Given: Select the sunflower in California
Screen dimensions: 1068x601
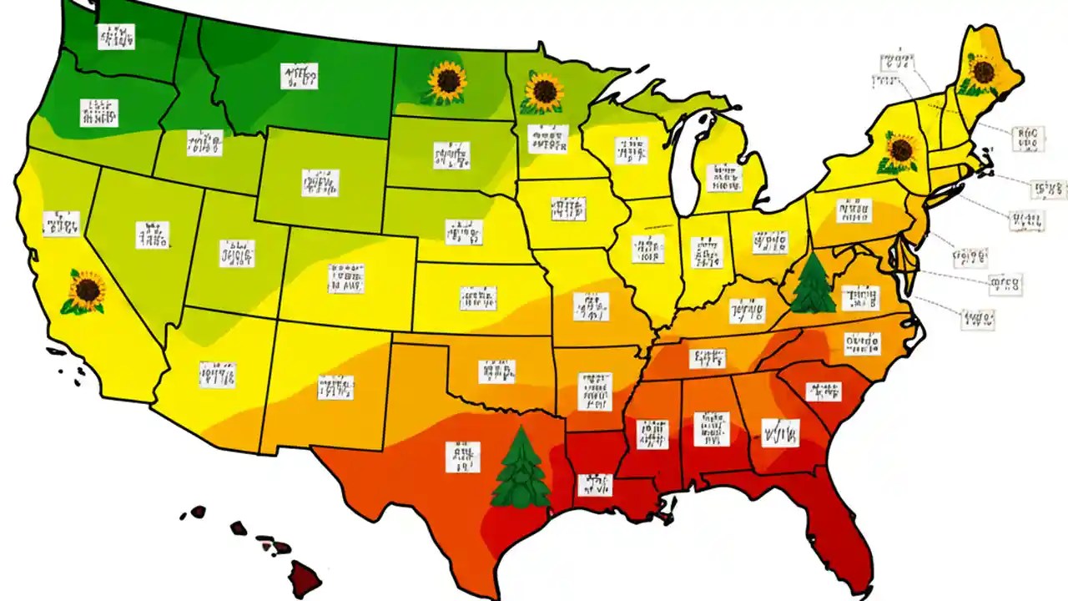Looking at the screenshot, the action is (85, 292).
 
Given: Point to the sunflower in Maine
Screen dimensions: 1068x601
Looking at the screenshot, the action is (983, 72).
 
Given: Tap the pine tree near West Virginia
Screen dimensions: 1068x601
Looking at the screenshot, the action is (812, 285).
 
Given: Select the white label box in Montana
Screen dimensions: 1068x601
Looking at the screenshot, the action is (299, 77).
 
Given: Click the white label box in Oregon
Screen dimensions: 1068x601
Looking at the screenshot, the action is (98, 113).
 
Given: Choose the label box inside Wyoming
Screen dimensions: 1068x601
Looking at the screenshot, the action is (320, 183).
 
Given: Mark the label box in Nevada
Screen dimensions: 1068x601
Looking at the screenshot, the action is (152, 235).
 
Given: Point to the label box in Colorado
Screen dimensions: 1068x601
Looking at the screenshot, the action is (346, 278).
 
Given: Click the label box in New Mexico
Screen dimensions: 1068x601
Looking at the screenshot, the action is (335, 387).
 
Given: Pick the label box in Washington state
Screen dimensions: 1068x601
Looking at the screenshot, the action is (116, 37).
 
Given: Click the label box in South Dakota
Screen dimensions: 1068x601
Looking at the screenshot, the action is (451, 154).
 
